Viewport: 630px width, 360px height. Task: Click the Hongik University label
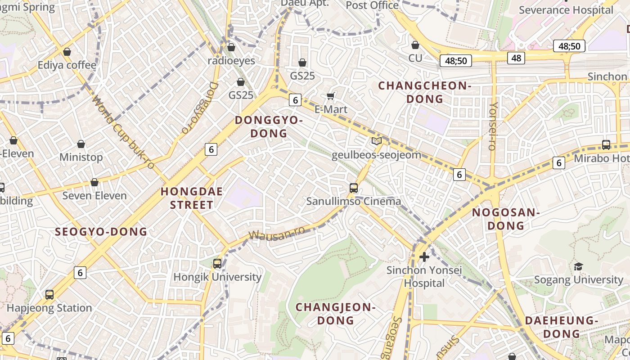click(217, 277)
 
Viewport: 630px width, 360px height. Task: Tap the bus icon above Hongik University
click(217, 263)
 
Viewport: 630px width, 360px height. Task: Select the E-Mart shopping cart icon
click(331, 96)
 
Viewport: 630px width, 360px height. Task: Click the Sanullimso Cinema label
click(353, 201)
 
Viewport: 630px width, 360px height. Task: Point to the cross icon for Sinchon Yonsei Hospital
click(424, 257)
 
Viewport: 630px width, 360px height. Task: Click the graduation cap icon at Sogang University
click(578, 267)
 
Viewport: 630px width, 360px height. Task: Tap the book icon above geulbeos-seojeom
click(376, 141)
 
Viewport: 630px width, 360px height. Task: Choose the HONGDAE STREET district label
click(191, 198)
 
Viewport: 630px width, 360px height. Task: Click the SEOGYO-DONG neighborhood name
click(101, 232)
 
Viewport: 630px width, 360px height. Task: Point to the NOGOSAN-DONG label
click(506, 219)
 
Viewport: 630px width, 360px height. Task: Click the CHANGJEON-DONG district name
click(336, 314)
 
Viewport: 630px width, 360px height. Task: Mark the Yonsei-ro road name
click(493, 126)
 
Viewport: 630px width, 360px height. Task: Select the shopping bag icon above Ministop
click(81, 144)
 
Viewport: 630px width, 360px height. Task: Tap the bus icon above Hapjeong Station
click(49, 295)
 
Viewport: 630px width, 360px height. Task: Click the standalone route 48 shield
click(516, 58)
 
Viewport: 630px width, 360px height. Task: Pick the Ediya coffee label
click(67, 65)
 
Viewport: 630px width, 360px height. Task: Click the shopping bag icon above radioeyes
click(231, 47)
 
